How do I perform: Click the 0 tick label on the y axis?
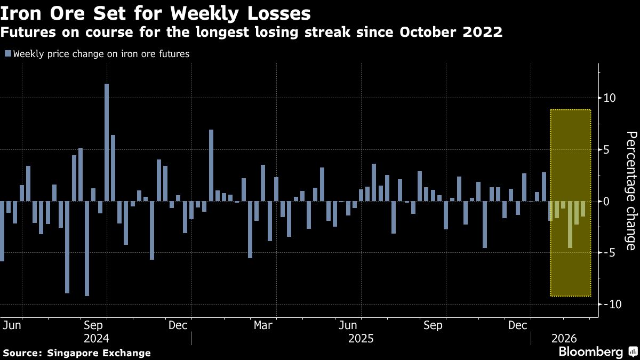[x=606, y=201]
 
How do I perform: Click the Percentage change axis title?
[x=630, y=190]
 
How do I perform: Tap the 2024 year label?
[x=97, y=339]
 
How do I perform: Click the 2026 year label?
[x=563, y=339]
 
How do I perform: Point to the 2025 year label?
[x=361, y=339]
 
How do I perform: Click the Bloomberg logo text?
[x=590, y=352]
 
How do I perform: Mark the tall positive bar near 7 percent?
[x=211, y=165]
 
